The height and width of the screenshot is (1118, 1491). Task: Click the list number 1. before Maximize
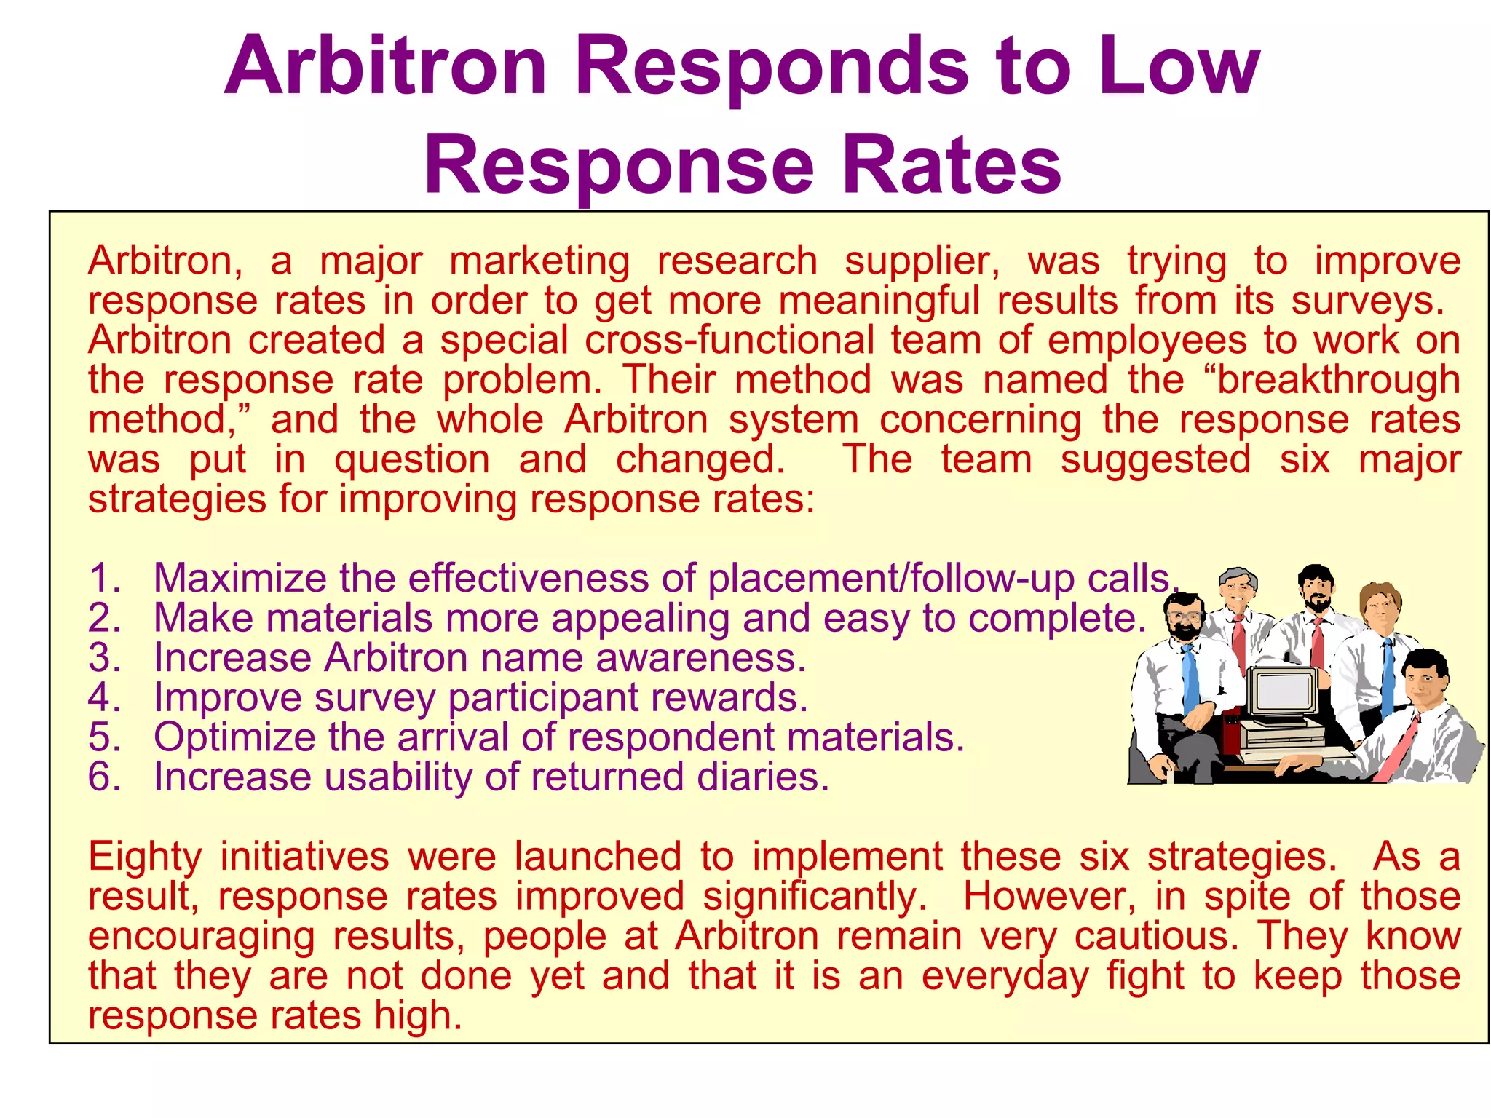coord(104,579)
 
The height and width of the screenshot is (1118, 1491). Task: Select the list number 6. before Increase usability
coord(104,777)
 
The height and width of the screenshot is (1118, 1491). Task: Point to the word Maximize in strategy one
coord(240,579)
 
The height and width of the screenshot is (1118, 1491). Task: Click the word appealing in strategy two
coord(640,619)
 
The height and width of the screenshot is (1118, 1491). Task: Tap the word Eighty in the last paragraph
coord(144,857)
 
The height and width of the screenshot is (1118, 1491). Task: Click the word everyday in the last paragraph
coord(1005,976)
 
